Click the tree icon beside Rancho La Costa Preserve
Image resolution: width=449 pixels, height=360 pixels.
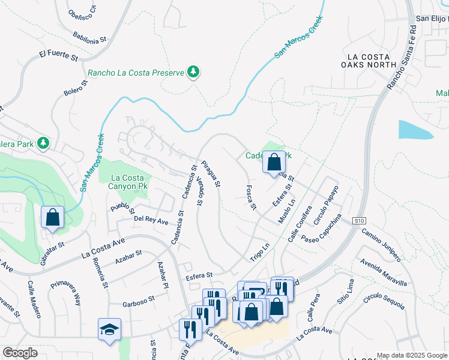tap(193, 73)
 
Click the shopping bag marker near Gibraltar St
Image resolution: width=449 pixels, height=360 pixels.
tap(53, 217)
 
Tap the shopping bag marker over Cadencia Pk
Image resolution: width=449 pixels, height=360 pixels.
tap(274, 161)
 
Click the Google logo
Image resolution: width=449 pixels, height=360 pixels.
tap(20, 353)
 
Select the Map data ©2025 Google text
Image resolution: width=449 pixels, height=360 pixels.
tap(412, 355)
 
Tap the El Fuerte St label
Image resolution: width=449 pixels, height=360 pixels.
tap(59, 56)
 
